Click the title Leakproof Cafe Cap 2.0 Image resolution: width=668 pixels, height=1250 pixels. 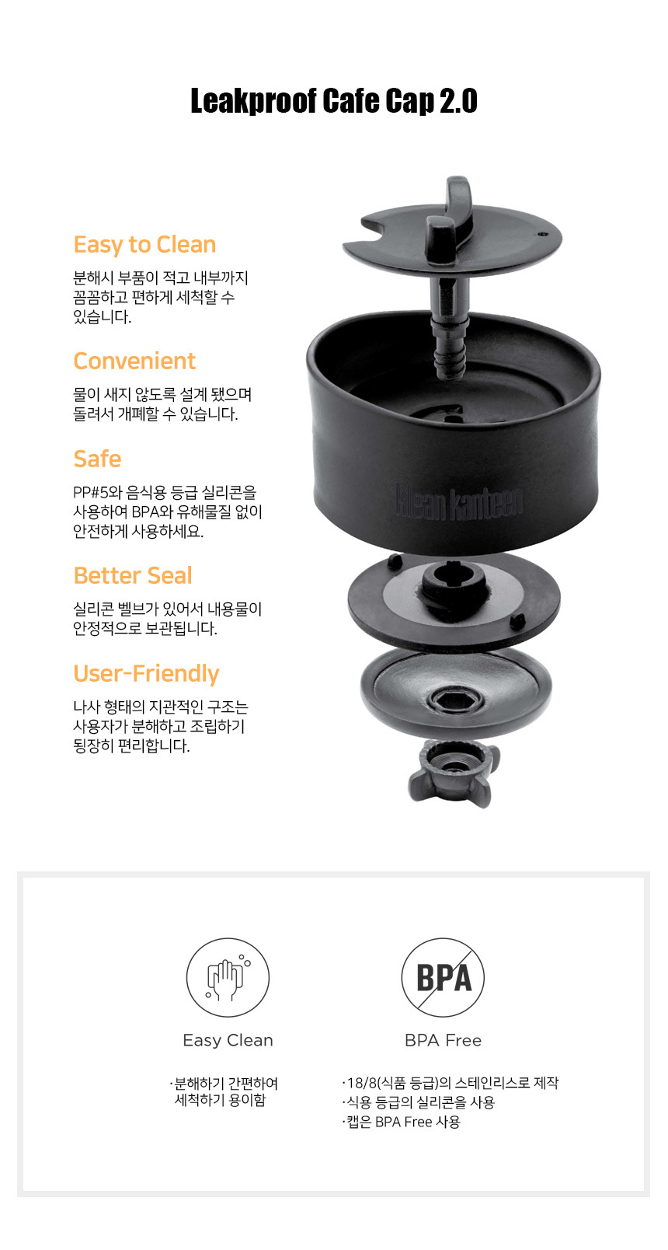[334, 101]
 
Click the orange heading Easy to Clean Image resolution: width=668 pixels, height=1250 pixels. [145, 245]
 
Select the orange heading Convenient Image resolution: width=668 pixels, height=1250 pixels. [134, 361]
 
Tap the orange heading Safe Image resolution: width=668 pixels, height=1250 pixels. [98, 459]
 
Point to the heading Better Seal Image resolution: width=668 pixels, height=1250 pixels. [133, 575]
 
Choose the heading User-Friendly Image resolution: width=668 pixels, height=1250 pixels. [146, 674]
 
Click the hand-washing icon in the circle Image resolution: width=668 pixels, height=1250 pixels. [228, 977]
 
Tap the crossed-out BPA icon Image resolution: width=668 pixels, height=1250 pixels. [443, 977]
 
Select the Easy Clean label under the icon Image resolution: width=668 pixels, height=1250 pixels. [228, 1040]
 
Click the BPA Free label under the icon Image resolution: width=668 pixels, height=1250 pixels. [444, 1040]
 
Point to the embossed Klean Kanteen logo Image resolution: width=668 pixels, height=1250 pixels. [459, 503]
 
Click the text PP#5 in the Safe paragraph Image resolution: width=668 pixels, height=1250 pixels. [90, 493]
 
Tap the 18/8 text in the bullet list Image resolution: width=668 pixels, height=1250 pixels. [362, 1083]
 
